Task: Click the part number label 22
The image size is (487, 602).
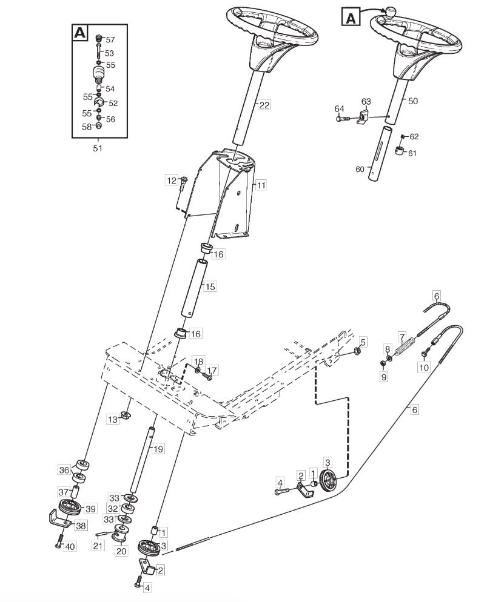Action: point(264,105)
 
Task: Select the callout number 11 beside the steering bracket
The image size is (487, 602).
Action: point(261,185)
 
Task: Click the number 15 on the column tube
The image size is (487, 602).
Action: point(210,287)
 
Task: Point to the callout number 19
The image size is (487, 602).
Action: point(158,449)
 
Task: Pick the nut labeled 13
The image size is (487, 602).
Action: point(125,415)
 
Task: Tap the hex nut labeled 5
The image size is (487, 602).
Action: point(356,351)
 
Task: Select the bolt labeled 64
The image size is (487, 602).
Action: point(343,119)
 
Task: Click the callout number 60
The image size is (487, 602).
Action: point(360,170)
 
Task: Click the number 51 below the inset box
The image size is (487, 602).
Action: point(98,148)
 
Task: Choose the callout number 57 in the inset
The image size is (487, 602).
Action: point(110,40)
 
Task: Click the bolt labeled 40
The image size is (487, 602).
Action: point(59,542)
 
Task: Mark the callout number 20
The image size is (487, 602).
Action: point(121,551)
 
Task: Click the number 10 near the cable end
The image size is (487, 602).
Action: point(423,368)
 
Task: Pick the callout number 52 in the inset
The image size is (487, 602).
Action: point(113,104)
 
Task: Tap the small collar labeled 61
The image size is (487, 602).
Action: point(400,150)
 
